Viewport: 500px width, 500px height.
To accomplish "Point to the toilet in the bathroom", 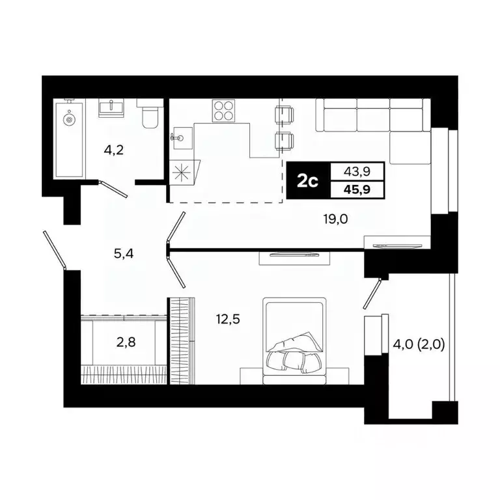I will point(149,115).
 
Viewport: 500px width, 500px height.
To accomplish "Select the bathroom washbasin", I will point(111,107).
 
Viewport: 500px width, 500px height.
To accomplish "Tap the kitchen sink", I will point(180,137).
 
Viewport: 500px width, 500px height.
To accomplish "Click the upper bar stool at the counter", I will point(285,114).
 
